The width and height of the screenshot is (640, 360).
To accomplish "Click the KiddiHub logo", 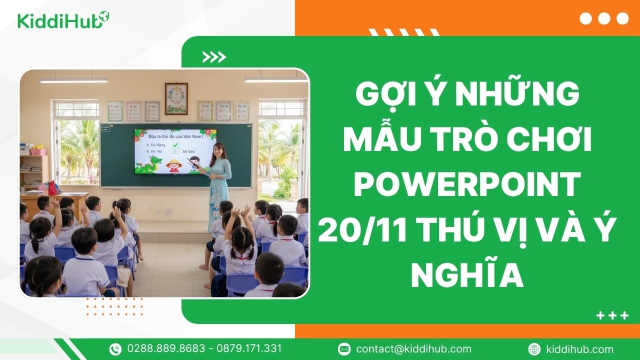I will (63, 20).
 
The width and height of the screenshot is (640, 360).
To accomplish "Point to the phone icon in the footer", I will (115, 349).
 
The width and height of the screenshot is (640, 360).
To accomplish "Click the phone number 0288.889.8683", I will (166, 348).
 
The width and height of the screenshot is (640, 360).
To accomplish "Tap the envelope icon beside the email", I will (344, 349).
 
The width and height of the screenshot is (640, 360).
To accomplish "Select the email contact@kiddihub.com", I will (413, 349).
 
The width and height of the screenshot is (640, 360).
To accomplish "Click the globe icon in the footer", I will (534, 349).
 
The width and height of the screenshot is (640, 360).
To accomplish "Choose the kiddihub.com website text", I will (580, 349).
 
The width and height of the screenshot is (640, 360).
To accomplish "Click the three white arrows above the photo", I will (214, 57).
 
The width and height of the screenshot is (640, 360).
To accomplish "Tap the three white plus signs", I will (612, 315).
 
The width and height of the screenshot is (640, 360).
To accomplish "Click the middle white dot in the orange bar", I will (604, 18).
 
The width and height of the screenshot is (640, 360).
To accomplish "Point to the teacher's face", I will (218, 149).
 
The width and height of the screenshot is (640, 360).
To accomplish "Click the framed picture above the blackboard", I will (176, 98).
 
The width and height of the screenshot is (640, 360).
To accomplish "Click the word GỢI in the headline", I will (385, 94).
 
